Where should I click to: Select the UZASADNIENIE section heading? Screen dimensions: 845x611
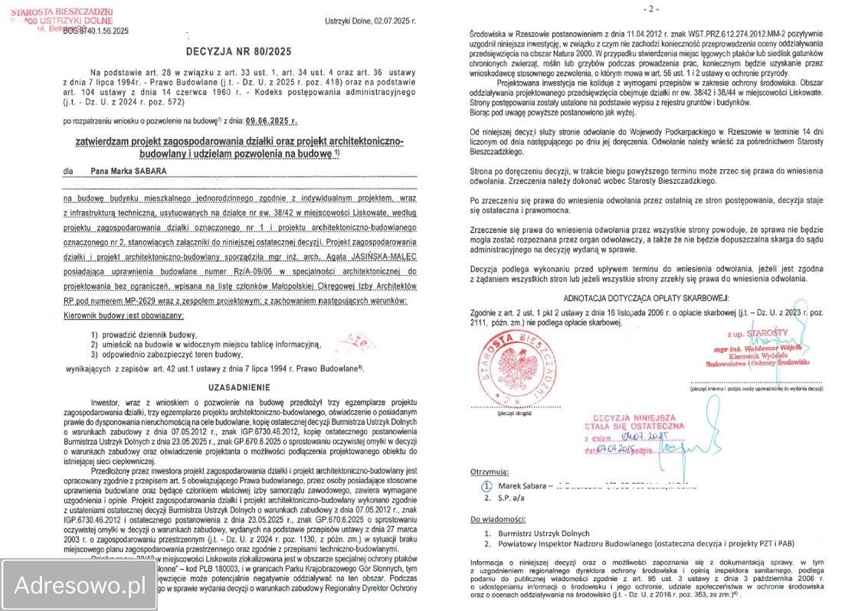pos(240,387)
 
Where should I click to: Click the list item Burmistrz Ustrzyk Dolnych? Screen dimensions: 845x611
pos(543,533)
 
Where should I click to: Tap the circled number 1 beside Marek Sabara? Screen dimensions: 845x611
pos(486,485)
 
